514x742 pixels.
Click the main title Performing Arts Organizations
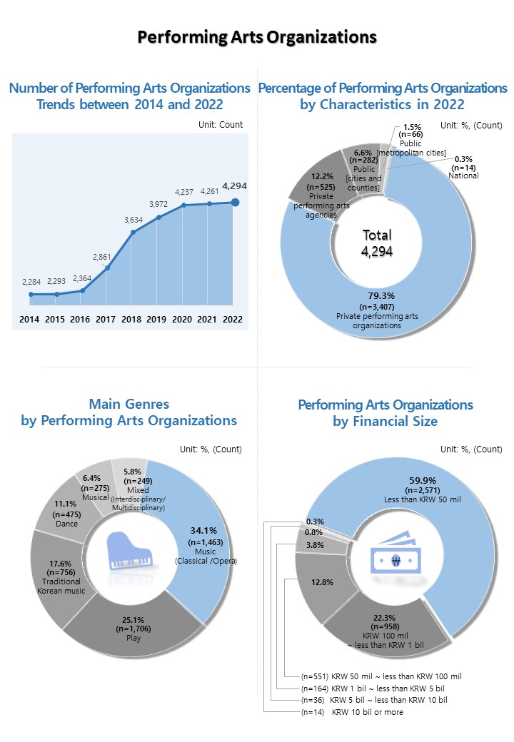256,37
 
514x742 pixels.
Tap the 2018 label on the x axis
131,319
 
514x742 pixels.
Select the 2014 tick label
29,319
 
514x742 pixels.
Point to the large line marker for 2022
235,203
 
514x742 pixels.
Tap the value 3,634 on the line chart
133,220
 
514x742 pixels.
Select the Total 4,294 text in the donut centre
377,243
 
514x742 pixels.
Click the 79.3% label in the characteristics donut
377,295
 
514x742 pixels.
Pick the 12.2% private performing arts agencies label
321,177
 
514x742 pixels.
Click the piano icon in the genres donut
129,552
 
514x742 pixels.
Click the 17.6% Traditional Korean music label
63,564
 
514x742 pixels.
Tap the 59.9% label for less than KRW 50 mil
423,480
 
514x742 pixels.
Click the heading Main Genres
129,405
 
